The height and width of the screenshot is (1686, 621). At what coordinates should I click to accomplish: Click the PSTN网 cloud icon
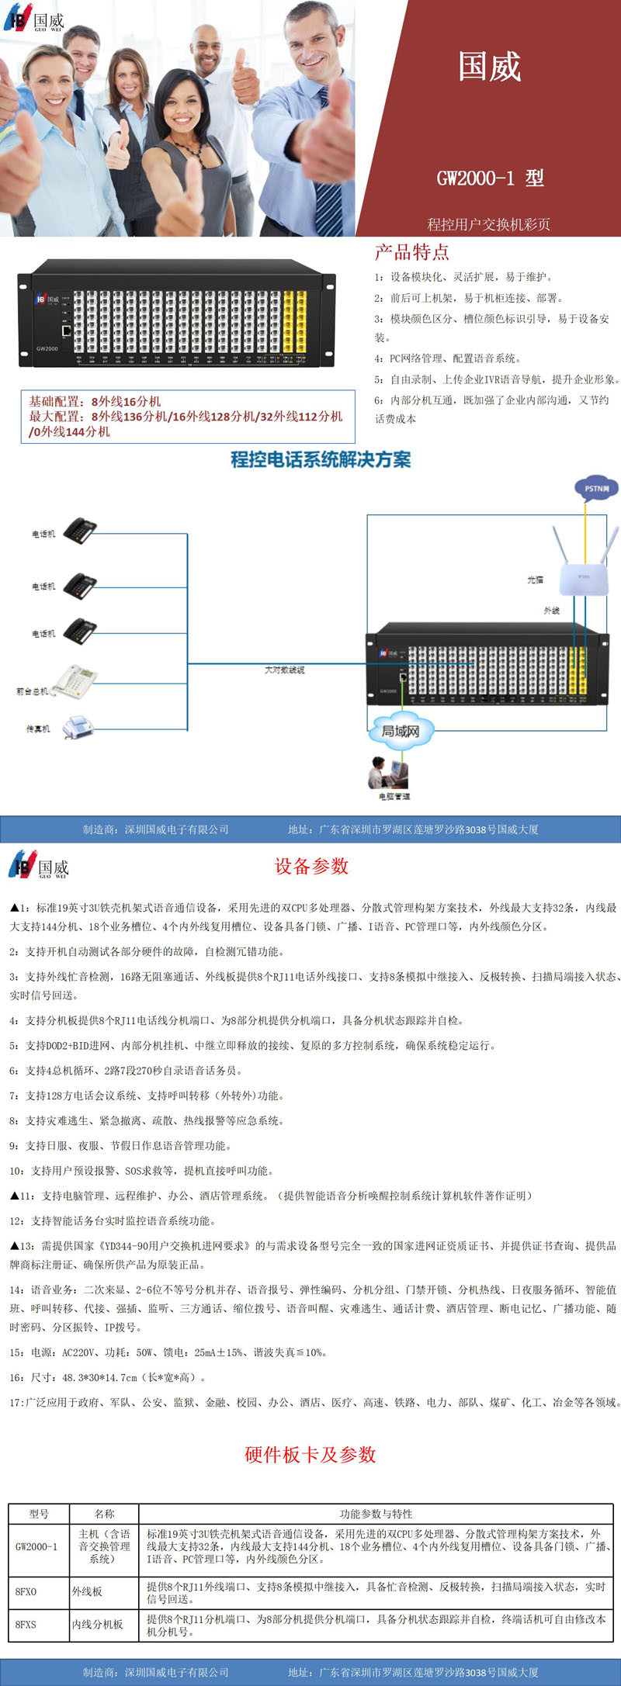[x=596, y=488]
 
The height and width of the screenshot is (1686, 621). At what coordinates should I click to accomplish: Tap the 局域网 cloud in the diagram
[x=401, y=731]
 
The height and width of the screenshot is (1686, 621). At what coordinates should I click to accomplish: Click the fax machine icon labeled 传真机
[x=78, y=727]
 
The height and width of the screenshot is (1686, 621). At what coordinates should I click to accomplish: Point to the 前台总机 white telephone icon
[x=74, y=682]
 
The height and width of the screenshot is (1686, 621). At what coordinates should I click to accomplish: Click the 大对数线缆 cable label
[x=284, y=670]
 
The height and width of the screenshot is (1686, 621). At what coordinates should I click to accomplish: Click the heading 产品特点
[x=411, y=252]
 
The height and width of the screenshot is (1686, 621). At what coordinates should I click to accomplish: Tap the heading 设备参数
[x=311, y=867]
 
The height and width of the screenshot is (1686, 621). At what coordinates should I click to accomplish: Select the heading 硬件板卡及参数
[x=310, y=1454]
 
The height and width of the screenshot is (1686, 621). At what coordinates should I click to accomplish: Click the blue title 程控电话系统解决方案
[x=321, y=459]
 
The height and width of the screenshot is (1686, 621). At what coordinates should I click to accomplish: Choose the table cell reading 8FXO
[x=26, y=1591]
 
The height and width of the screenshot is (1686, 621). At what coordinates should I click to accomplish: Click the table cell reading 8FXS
[x=26, y=1624]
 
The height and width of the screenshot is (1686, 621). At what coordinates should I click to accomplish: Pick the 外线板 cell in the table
[x=87, y=1591]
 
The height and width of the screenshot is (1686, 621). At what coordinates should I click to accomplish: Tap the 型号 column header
[x=39, y=1514]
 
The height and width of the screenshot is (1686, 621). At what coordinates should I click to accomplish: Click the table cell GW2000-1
[x=36, y=1546]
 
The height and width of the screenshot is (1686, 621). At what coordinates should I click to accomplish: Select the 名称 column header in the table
[x=104, y=1514]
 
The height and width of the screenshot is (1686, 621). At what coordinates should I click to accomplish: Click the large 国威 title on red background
[x=489, y=67]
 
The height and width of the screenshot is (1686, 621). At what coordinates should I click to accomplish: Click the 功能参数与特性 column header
[x=376, y=1514]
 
